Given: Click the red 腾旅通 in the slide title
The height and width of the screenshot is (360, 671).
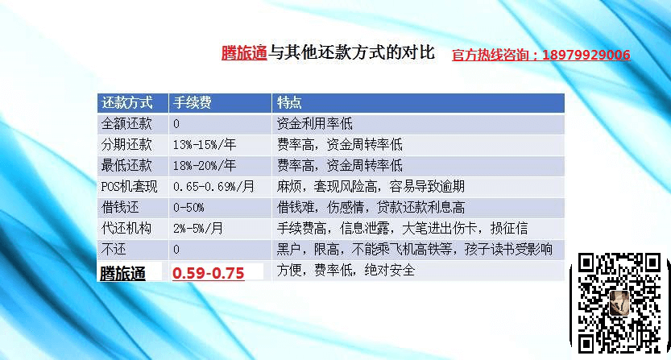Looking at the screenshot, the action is click(244, 53).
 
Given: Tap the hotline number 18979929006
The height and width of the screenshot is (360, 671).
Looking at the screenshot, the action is click(586, 55).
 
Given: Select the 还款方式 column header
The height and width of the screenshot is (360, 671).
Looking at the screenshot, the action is click(126, 103).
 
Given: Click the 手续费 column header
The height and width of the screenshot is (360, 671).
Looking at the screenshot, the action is click(193, 103).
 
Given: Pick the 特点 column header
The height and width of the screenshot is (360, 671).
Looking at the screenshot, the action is click(289, 103).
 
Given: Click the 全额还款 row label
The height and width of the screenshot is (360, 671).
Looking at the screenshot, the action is click(126, 124).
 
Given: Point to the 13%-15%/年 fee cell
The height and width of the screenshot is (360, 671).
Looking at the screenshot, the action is click(205, 145).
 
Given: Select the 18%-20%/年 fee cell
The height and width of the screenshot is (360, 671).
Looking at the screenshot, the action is click(205, 166).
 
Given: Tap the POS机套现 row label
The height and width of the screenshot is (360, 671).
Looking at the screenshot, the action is click(129, 187).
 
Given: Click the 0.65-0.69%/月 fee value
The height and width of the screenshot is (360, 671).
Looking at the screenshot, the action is click(213, 187).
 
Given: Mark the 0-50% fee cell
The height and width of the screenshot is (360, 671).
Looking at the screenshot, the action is click(188, 208).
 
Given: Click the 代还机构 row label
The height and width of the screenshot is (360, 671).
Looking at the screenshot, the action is click(126, 228).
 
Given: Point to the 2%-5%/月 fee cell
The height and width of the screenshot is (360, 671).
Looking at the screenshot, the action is click(198, 228).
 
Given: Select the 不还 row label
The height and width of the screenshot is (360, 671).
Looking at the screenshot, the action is click(114, 249).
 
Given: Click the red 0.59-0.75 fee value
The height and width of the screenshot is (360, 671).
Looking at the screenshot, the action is click(209, 273).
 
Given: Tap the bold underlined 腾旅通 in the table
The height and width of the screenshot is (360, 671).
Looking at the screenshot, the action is click(122, 274).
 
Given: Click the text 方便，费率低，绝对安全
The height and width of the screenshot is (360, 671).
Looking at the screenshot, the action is click(346, 270).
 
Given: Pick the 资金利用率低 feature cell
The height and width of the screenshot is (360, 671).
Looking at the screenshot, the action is click(314, 124).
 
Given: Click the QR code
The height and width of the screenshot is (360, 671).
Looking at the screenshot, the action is click(619, 304).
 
